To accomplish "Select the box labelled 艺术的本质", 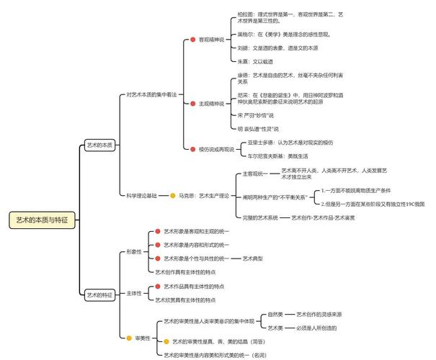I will click(x=99, y=145).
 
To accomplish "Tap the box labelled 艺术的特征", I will click(x=99, y=294).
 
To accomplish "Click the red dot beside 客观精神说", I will click(x=192, y=40).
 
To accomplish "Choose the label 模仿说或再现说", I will click(x=217, y=149).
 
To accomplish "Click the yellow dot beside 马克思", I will click(x=172, y=195).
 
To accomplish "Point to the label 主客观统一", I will click(x=254, y=174).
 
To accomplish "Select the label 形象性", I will click(x=134, y=252).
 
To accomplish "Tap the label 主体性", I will click(x=134, y=293).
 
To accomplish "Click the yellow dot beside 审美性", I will click(x=127, y=337).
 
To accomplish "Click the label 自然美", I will click(x=276, y=315).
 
